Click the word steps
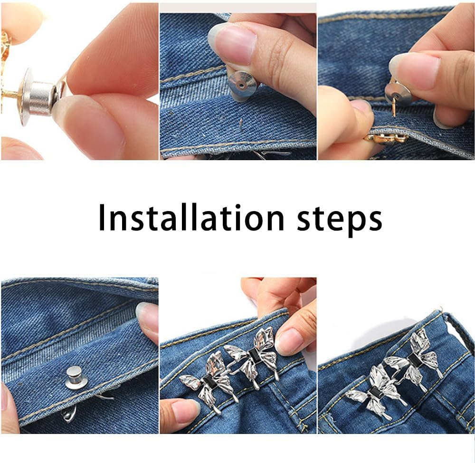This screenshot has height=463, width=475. [339, 219]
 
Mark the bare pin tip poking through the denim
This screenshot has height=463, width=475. [241, 124]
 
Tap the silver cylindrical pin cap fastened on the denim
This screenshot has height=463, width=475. [75, 377]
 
